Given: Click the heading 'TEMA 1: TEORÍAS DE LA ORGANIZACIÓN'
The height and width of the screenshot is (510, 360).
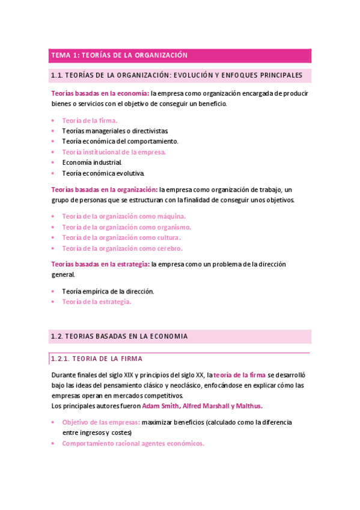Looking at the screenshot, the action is tap(120, 55).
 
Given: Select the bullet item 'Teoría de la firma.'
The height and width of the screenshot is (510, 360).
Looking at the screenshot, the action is tap(90, 120).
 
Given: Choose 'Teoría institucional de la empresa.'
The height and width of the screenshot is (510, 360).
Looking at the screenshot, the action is tap(114, 152).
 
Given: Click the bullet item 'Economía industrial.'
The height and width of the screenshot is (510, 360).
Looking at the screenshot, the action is tap(92, 162).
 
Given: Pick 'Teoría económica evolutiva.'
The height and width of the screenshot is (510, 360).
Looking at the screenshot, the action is tap(103, 173).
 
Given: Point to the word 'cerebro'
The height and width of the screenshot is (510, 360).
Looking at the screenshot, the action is tap(169, 248).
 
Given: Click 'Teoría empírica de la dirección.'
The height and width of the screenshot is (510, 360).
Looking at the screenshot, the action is tap(108, 291).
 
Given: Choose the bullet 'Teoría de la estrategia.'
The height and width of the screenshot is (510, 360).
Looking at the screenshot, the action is tap(96, 302).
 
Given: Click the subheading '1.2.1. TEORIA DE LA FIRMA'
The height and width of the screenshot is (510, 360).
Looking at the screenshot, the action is tap(96, 358).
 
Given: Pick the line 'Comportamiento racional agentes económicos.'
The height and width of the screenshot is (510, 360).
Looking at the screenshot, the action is tap(133, 443).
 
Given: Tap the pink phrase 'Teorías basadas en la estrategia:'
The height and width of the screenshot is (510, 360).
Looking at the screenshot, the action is tap(100, 264).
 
